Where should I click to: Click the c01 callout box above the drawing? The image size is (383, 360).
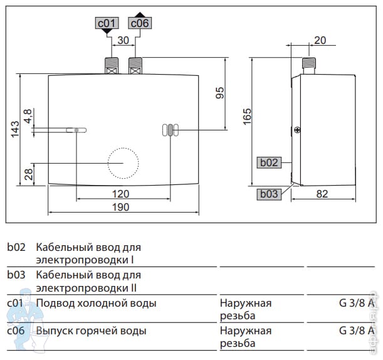click(107, 23)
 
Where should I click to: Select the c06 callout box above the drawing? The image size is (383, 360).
click(140, 23)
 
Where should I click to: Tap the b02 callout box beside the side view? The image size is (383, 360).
click(269, 162)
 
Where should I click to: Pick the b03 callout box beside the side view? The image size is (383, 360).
click(269, 194)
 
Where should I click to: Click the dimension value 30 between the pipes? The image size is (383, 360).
click(123, 40)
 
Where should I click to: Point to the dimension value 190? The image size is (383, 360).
click(120, 207)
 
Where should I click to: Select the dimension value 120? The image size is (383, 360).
click(120, 194)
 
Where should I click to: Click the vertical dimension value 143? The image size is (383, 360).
click(15, 129)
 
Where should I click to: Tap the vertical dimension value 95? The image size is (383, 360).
click(220, 93)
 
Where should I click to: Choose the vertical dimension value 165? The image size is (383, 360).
click(247, 117)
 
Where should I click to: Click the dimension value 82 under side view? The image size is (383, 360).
click(322, 194)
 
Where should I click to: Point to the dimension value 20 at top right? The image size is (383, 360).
click(320, 40)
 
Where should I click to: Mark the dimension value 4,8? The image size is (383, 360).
click(28, 116)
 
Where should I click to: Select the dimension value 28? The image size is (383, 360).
click(29, 174)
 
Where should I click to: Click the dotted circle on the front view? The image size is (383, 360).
click(123, 148)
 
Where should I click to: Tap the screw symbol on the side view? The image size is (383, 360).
click(296, 130)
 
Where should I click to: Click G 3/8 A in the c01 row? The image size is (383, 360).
click(357, 303)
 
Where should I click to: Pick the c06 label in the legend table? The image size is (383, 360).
click(16, 331)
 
